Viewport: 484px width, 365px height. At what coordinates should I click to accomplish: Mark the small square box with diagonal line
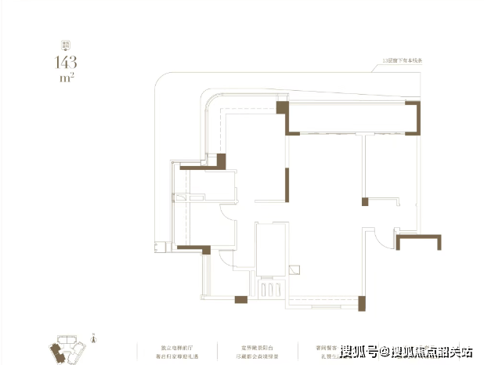click(294, 269)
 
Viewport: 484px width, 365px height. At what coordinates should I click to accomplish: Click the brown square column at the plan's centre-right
click(365, 202)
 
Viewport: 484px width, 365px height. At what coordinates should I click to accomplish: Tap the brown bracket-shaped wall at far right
click(414, 241)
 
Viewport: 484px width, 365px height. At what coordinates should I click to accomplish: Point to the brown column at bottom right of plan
click(360, 302)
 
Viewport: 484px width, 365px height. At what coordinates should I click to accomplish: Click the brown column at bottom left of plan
click(241, 298)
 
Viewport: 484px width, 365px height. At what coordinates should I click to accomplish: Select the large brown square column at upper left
click(221, 161)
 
